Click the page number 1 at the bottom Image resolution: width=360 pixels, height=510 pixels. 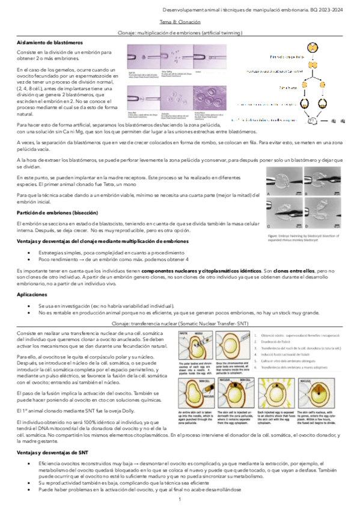[179, 500]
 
